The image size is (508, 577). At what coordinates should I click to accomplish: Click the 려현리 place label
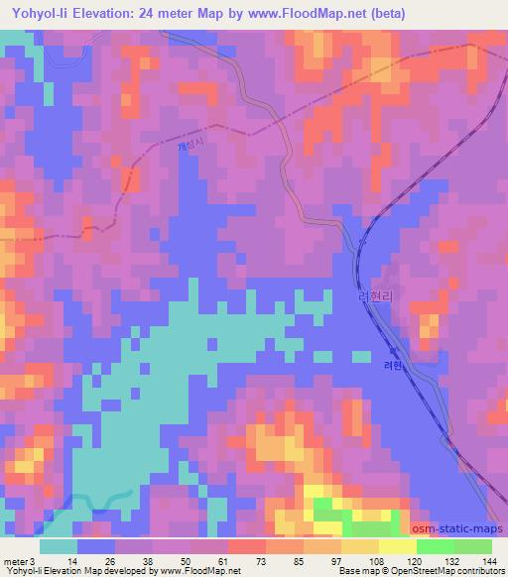(377, 296)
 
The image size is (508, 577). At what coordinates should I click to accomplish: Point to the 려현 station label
(393, 365)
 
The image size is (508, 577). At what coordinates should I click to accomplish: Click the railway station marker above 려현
(393, 351)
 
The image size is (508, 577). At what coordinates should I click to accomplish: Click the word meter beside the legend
(16, 560)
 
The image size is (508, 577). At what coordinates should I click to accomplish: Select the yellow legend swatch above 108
(360, 546)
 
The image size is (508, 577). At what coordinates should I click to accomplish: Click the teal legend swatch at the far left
(59, 546)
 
